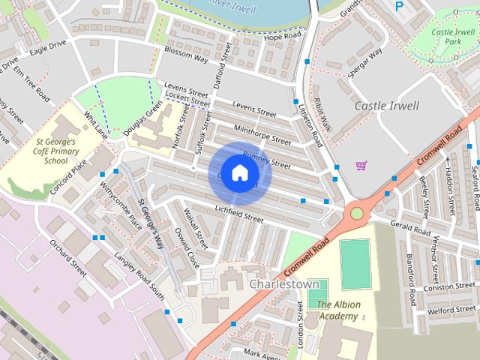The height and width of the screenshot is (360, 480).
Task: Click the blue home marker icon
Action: tap(238, 172)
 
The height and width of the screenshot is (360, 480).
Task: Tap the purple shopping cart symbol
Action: tap(361, 165)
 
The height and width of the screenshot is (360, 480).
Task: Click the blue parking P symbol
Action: tap(398, 6)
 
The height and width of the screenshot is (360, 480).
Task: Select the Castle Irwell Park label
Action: tap(452, 37)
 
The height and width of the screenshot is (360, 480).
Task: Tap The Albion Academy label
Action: tap(338, 310)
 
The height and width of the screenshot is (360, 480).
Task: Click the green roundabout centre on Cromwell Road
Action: tap(356, 214)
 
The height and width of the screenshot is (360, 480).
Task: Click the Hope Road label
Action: tap(282, 36)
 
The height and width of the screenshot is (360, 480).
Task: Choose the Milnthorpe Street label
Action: tap(262, 135)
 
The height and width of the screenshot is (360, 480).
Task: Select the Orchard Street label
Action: tap(68, 254)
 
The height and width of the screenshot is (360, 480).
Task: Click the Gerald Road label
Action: tap(409, 226)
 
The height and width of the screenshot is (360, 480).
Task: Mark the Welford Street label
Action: tap(451, 309)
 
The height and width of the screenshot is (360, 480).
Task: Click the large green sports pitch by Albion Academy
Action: tap(355, 264)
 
